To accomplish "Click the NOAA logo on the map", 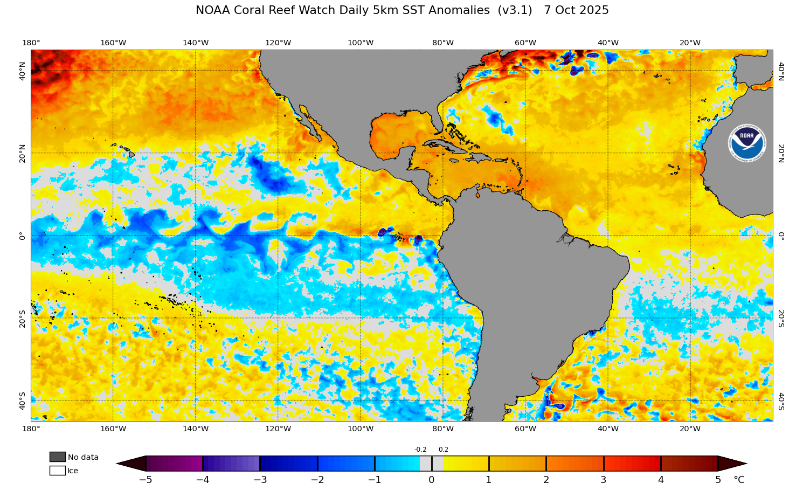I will tap(746, 144).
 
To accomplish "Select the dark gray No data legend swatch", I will tap(57, 457).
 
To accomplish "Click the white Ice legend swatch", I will tap(57, 471).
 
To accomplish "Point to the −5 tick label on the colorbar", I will tap(146, 480).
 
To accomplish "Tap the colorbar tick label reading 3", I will tap(604, 480).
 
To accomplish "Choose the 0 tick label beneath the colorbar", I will tap(432, 480).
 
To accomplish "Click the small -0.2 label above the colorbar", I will tap(420, 450).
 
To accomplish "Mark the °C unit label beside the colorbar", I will tap(739, 480).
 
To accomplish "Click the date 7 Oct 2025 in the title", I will tap(576, 10).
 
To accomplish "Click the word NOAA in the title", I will tap(213, 10).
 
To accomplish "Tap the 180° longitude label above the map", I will tap(31, 43).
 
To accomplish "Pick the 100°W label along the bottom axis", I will tap(361, 429).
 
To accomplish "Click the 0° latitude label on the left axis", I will tap(22, 236).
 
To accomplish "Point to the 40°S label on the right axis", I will tap(781, 401).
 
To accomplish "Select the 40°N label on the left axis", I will tap(22, 71).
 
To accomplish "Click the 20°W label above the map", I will tap(690, 43).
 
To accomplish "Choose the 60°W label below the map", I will tap(525, 429).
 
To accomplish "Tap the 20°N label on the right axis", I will tap(781, 153).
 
